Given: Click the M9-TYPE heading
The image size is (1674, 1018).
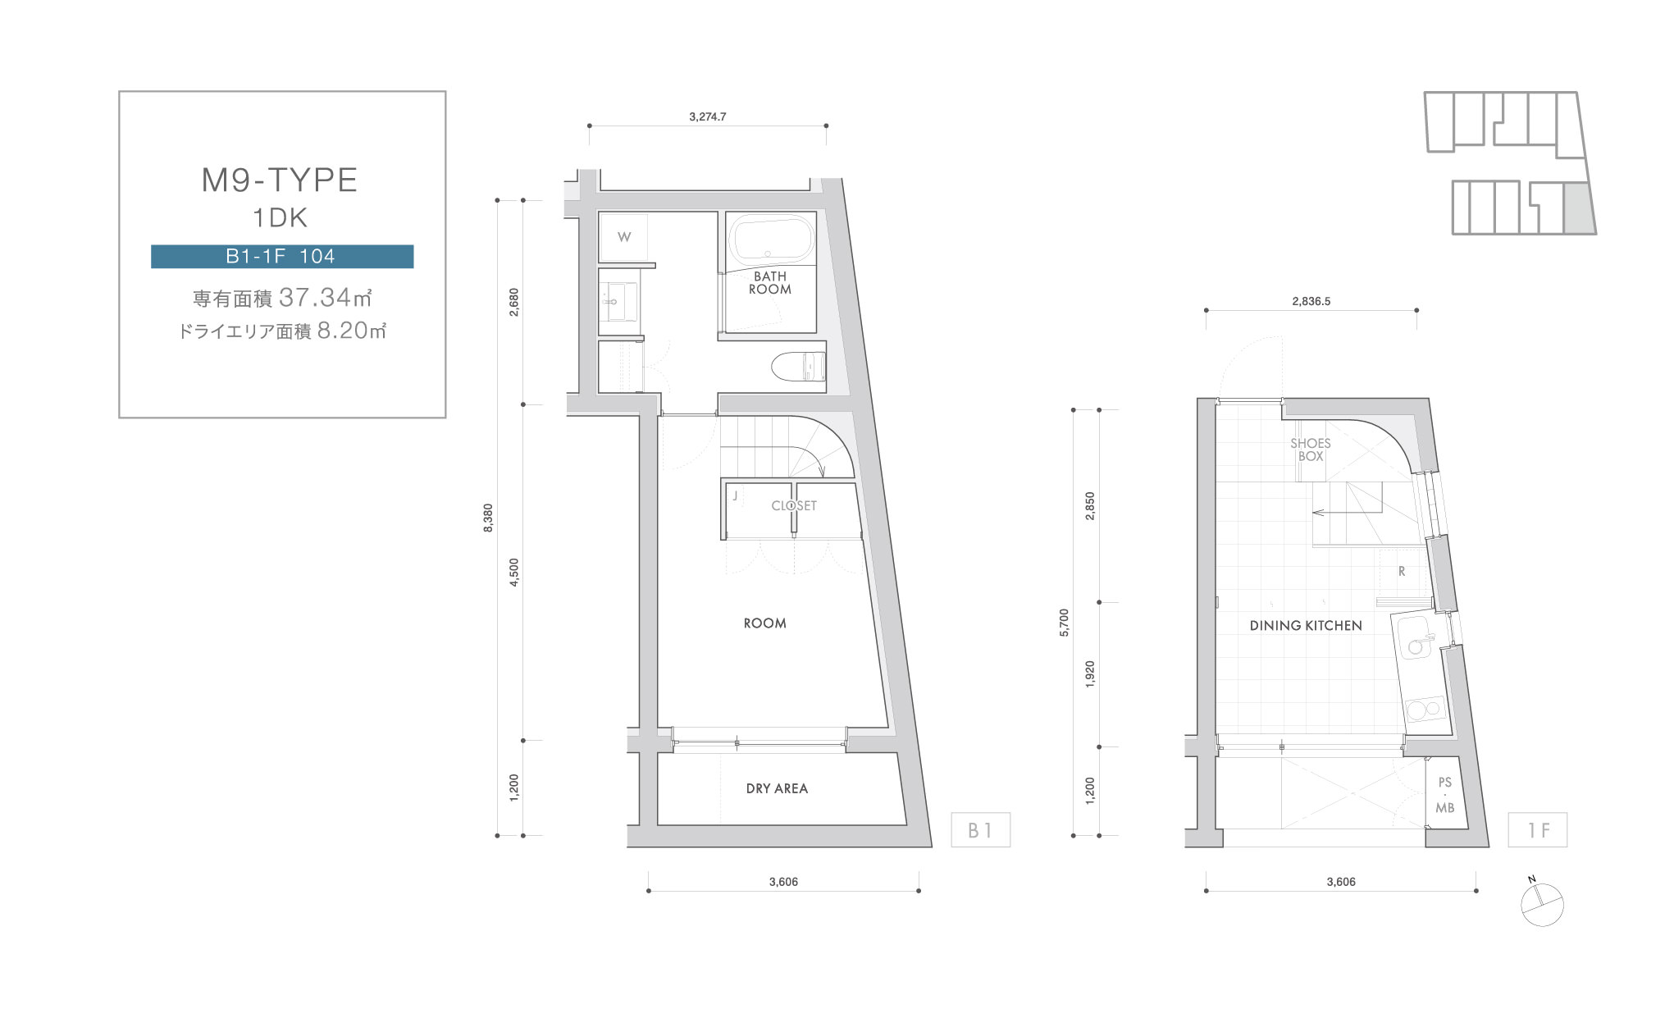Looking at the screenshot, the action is pos(280,180).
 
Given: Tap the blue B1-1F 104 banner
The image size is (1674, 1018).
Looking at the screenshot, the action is pos(282,257).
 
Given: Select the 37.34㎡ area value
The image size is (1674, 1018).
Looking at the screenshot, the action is pos(326,297).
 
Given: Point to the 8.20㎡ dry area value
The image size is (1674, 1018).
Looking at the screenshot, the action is pos(351,330).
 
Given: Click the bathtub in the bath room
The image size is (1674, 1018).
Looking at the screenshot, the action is pos(771,239).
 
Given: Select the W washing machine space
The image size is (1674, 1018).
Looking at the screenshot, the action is pos(623,237).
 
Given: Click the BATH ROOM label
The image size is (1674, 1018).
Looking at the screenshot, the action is pos(770,283).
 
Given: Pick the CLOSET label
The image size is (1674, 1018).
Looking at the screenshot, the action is pos(794,505).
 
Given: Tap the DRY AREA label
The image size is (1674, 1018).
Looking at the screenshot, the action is pos(777,788).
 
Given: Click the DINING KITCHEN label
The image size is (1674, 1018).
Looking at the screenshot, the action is pos(1306,625).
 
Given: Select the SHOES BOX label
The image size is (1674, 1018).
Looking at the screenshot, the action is pos(1311,450).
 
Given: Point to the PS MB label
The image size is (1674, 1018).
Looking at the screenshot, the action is pos(1444,795).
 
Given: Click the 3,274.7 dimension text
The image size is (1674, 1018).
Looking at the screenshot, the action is pos(708,116).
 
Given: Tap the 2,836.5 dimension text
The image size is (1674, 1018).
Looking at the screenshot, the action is pos(1311,301).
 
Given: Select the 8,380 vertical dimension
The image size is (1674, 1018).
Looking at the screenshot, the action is pos(489,518).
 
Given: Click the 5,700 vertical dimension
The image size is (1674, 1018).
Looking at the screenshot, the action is pos(1065,623).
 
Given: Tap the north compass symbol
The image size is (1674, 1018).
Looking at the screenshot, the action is pos(1542,904).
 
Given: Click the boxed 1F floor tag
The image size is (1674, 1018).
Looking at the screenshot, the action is pos(1538,830).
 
